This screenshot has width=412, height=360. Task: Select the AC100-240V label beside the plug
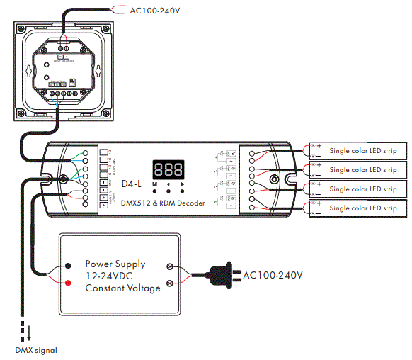(273, 274)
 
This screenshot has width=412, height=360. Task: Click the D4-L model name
(132, 184)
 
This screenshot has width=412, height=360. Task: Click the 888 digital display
(168, 170)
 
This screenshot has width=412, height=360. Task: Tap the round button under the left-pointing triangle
(168, 191)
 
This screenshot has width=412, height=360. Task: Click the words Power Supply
(115, 264)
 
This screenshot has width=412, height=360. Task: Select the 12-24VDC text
(111, 276)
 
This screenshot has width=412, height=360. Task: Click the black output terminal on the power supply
(68, 266)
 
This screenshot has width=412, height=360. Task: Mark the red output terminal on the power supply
(68, 283)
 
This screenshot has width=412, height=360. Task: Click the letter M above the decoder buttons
(154, 183)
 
